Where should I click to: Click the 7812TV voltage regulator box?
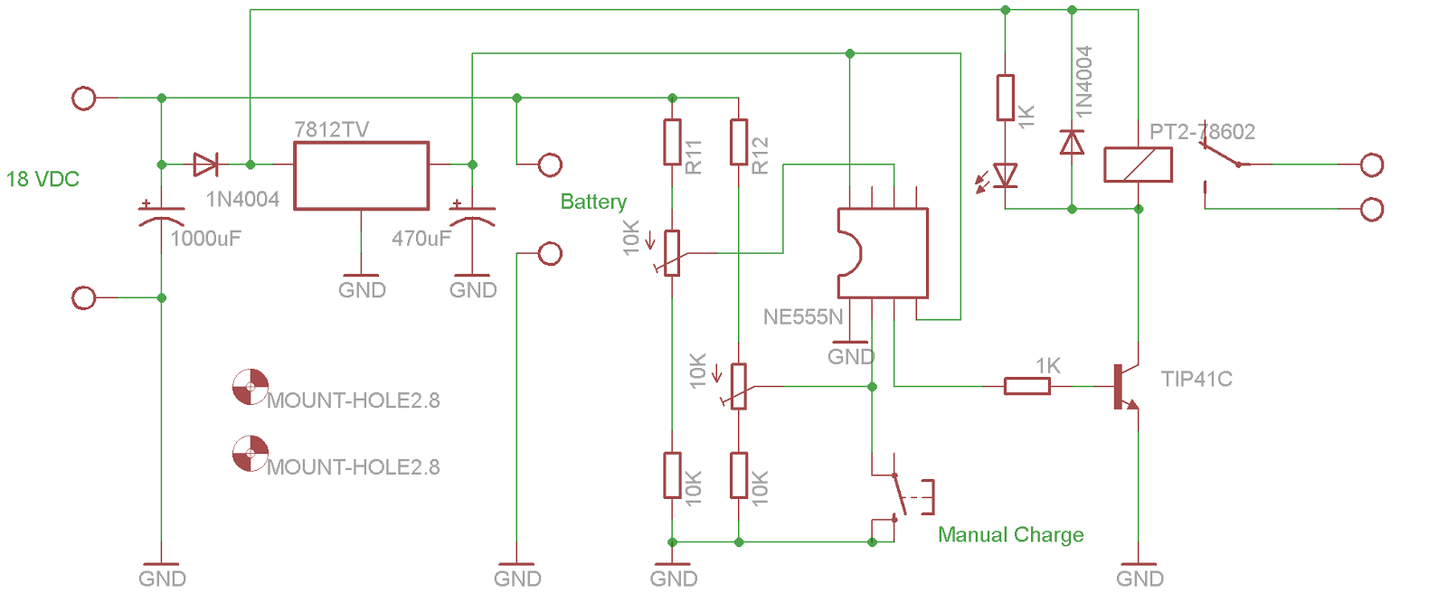(x=361, y=175)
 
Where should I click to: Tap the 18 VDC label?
(x=43, y=179)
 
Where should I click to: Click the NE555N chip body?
(x=883, y=253)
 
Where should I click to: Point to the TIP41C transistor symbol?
(x=1124, y=386)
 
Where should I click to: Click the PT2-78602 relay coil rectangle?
(x=1138, y=165)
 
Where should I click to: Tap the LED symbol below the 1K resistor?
(x=1005, y=175)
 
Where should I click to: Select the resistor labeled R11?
(x=672, y=142)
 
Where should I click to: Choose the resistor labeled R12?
(x=739, y=142)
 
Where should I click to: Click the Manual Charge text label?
(x=1010, y=534)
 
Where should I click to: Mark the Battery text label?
(x=593, y=202)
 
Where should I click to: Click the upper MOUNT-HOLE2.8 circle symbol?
(x=251, y=386)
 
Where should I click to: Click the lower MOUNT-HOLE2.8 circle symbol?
(x=251, y=454)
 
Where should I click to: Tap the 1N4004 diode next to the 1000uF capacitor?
(x=206, y=165)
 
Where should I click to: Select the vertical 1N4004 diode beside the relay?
(x=1072, y=142)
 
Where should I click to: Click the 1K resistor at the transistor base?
(x=1027, y=386)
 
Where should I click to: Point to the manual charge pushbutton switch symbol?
(x=900, y=495)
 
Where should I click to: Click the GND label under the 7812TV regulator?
(x=362, y=290)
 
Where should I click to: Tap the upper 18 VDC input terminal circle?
(x=84, y=98)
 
